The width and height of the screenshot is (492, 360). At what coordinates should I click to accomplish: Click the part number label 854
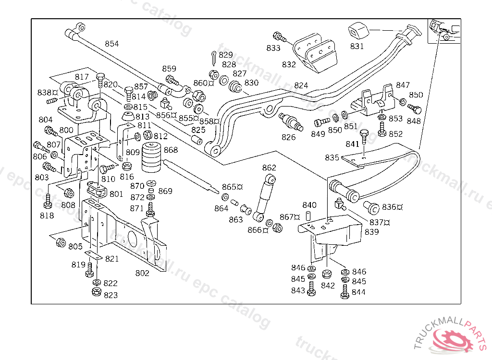(x=112, y=44)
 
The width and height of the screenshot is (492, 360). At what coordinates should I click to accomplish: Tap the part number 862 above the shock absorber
(x=269, y=168)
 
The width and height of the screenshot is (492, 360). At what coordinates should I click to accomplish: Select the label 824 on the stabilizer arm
(x=301, y=85)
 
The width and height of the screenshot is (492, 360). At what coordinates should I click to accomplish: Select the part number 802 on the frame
(x=142, y=273)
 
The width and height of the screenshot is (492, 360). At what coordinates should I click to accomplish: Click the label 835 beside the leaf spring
(x=332, y=157)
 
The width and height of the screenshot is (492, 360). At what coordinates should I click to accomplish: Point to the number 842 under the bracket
(x=328, y=285)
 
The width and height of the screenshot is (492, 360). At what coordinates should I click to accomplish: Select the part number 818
(x=47, y=216)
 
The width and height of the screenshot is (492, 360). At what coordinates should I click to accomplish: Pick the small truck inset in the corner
(x=443, y=30)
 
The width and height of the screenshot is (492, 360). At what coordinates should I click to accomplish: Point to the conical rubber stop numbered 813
(x=128, y=117)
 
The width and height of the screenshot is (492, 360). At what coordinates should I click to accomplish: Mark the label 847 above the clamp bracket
(x=403, y=85)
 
